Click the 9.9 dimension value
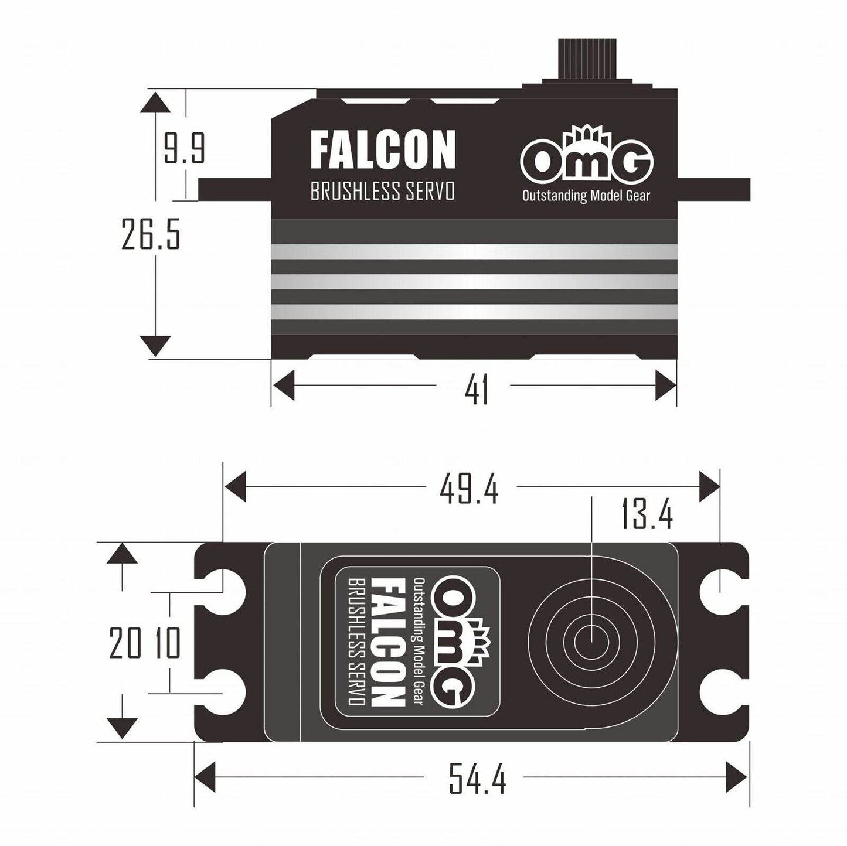point(184,149)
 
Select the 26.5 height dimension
point(150,233)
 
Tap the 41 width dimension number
point(476,390)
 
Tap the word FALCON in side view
point(382,150)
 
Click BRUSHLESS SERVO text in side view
point(382,192)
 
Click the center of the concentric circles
point(592,640)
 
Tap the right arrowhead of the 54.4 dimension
point(736,777)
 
